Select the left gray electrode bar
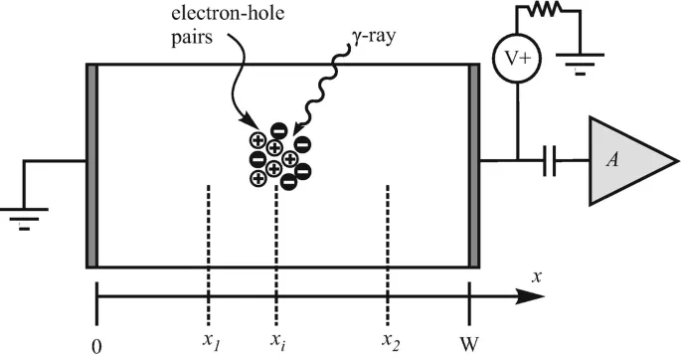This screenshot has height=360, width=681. pyautogui.click(x=92, y=165)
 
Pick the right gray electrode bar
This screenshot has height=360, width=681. pyautogui.click(x=473, y=165)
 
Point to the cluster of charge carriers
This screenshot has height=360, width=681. pyautogui.click(x=279, y=157)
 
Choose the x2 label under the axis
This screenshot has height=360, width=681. pyautogui.click(x=389, y=340)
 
